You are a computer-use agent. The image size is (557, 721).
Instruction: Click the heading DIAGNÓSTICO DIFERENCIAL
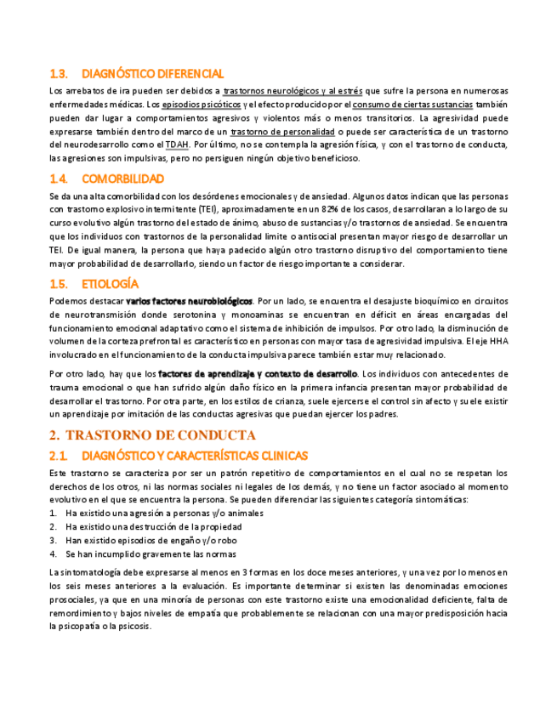(x=153, y=74)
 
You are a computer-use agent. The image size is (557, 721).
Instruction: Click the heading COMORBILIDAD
(x=122, y=179)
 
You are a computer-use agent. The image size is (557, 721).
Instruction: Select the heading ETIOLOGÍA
(x=110, y=284)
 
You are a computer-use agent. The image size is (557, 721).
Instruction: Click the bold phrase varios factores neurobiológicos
(x=189, y=301)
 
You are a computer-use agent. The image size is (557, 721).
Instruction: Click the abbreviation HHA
(x=499, y=343)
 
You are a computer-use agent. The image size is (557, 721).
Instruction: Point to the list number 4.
(x=53, y=554)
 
